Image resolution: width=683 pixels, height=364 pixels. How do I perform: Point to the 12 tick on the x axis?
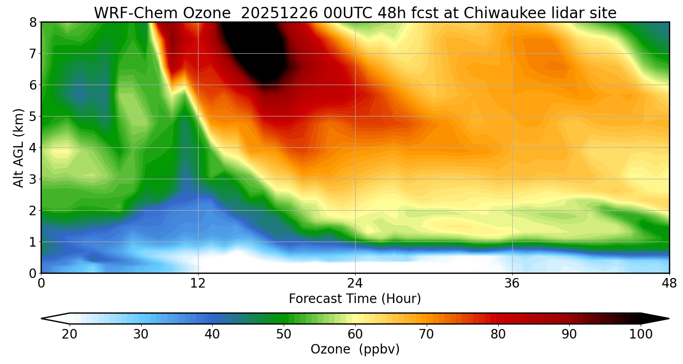click(x=198, y=283)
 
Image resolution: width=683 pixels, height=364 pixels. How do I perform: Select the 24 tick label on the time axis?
click(x=355, y=283)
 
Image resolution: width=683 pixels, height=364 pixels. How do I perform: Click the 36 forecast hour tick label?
click(x=512, y=283)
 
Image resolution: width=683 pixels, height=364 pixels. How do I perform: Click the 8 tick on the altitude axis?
click(x=33, y=22)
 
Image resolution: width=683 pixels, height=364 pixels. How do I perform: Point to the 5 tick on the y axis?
click(x=33, y=116)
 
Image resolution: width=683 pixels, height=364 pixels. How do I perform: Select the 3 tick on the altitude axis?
click(x=33, y=179)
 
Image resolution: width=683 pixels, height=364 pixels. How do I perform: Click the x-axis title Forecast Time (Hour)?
click(x=355, y=299)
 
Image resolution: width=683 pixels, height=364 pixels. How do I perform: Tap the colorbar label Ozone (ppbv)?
click(x=355, y=349)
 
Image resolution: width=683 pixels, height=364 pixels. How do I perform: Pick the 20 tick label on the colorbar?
click(x=70, y=334)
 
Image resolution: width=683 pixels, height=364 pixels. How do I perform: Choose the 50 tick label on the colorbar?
click(x=284, y=334)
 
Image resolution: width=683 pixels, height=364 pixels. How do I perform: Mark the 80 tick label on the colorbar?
click(x=498, y=334)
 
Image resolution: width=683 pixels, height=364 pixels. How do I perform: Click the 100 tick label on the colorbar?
click(x=641, y=334)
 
